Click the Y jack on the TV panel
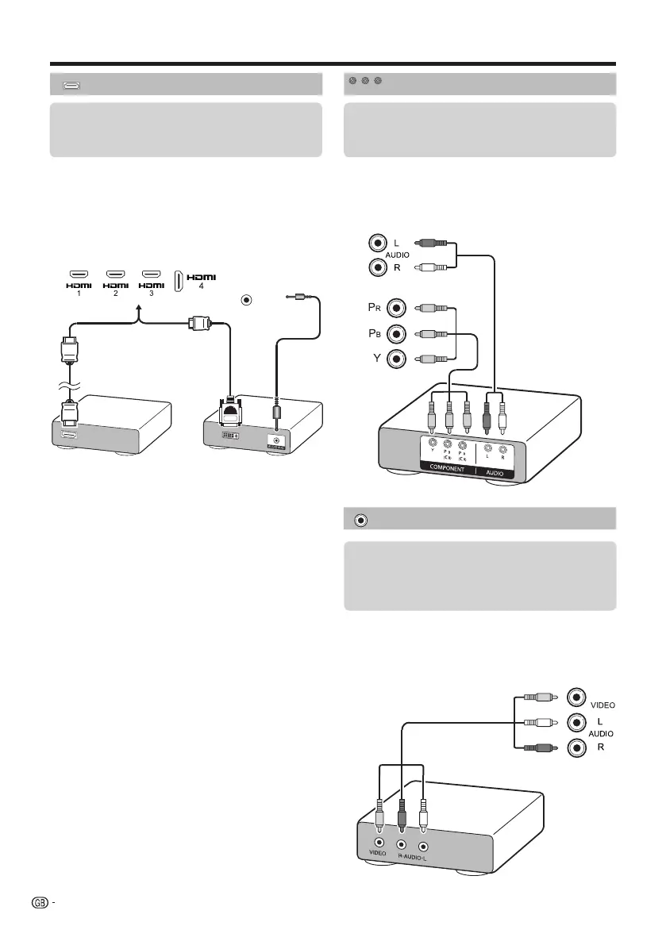(x=396, y=359)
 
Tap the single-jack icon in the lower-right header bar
(x=361, y=520)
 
